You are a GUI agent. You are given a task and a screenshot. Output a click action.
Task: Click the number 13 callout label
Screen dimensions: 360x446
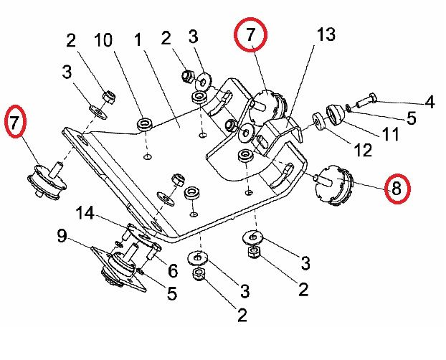click(x=326, y=34)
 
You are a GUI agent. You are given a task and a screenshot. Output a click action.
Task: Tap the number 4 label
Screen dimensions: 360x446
click(x=429, y=102)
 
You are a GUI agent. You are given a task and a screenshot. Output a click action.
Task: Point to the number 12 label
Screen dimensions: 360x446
click(x=362, y=151)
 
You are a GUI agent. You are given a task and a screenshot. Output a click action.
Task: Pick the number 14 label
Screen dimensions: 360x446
click(x=85, y=213)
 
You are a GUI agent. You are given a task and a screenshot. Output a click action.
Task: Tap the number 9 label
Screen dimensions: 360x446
click(x=62, y=235)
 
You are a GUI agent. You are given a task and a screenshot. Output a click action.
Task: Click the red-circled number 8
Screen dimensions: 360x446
click(x=397, y=188)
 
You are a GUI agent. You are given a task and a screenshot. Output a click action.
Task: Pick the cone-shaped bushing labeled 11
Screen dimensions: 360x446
click(x=335, y=115)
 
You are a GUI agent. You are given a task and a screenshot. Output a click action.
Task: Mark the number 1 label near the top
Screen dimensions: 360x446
click(x=140, y=40)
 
